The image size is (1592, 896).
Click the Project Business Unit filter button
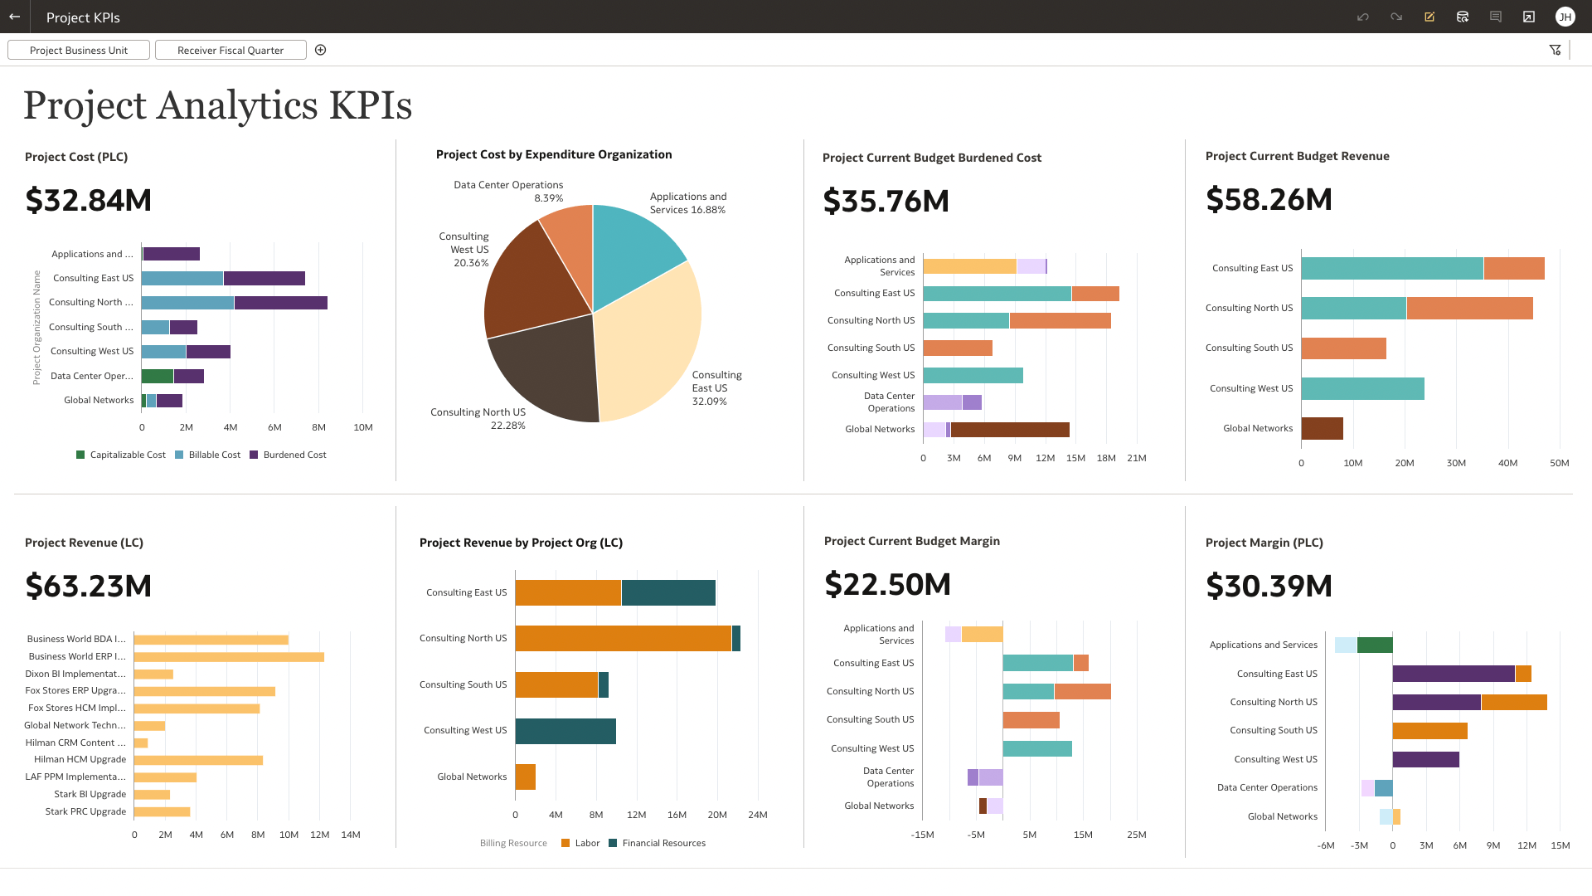coord(79,51)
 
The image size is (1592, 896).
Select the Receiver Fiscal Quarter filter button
coord(231,51)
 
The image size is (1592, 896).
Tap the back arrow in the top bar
coord(15,17)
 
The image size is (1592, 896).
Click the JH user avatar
coord(1565,17)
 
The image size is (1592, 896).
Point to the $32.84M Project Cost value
coord(89,200)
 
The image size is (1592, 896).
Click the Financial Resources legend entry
coord(663,843)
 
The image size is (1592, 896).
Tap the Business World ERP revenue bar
coord(229,657)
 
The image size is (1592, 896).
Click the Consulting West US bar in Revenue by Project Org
coord(565,731)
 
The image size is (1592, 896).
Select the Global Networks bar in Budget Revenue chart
coord(1322,428)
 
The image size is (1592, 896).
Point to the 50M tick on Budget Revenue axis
coord(1559,463)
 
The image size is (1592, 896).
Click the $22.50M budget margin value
coord(887,584)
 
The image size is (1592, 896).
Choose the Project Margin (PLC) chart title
coord(1264,543)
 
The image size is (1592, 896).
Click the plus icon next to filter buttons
coord(321,51)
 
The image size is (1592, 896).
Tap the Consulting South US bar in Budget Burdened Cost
coord(958,348)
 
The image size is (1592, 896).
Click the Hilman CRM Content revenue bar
coord(141,743)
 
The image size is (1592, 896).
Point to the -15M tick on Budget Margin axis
coord(922,835)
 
